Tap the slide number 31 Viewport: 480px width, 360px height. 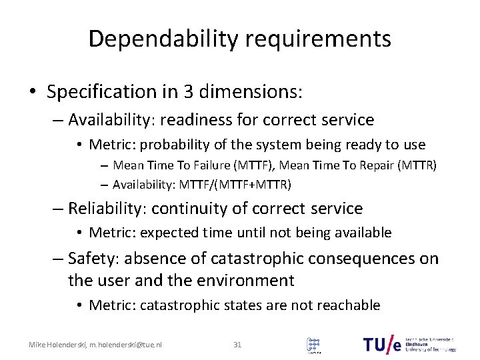pos(237,345)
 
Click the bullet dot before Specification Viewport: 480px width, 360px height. pos(34,92)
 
